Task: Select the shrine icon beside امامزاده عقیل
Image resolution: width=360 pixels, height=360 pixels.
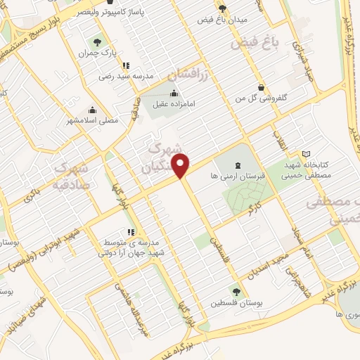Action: pos(173,94)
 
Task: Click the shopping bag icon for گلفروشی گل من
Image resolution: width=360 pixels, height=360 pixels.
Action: pos(262,88)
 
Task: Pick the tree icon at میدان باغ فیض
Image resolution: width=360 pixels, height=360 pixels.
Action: pos(223,8)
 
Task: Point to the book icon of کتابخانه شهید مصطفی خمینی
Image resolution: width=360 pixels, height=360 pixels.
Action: pos(306,153)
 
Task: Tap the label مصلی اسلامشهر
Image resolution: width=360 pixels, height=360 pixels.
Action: pos(93,120)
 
